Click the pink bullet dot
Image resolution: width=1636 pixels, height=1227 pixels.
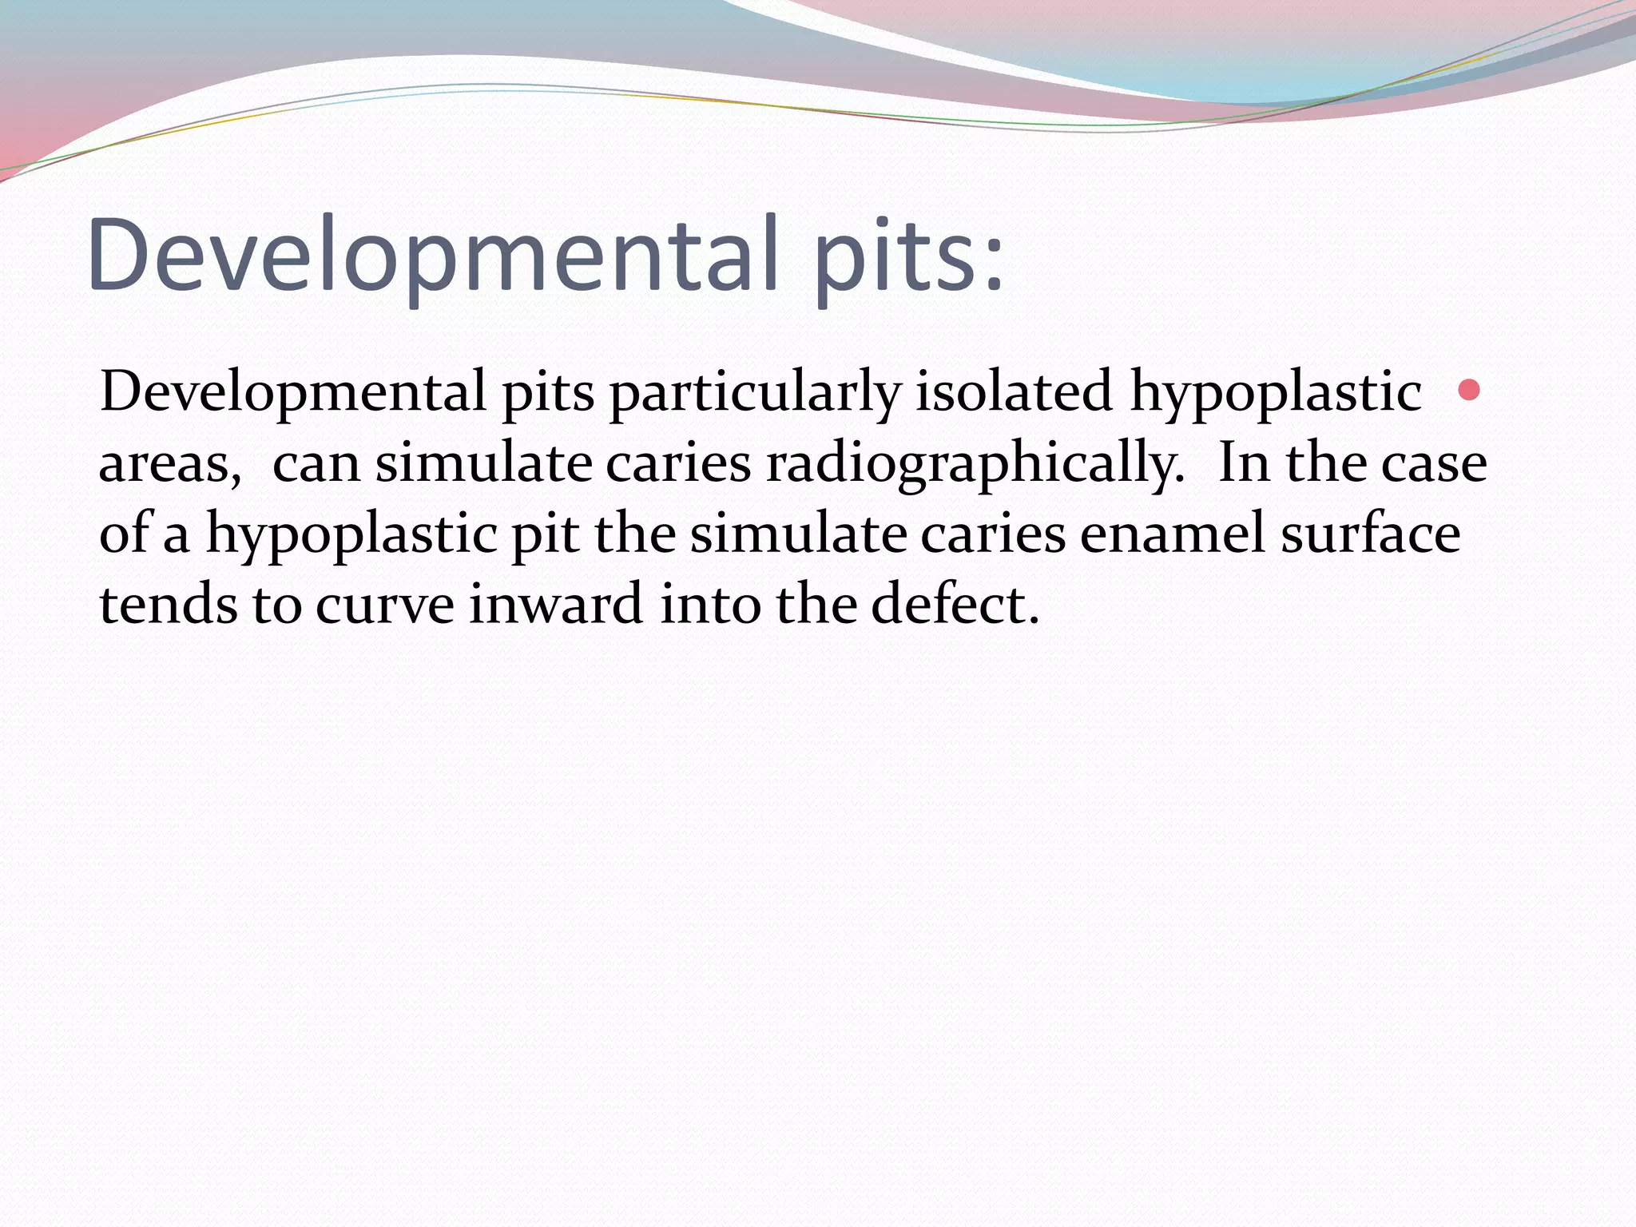1469,391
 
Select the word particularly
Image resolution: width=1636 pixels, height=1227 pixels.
754,393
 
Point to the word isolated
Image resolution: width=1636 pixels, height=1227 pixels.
1013,391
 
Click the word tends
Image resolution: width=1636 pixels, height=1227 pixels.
168,604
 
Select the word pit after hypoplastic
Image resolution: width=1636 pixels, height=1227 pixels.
546,534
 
